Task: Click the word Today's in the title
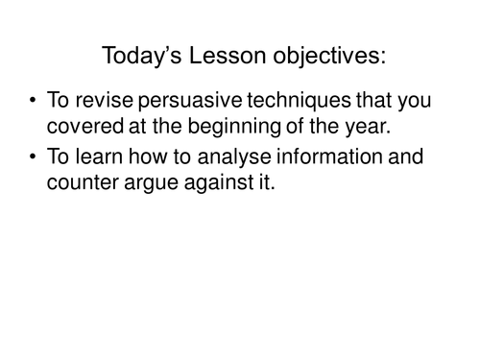(138, 57)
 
